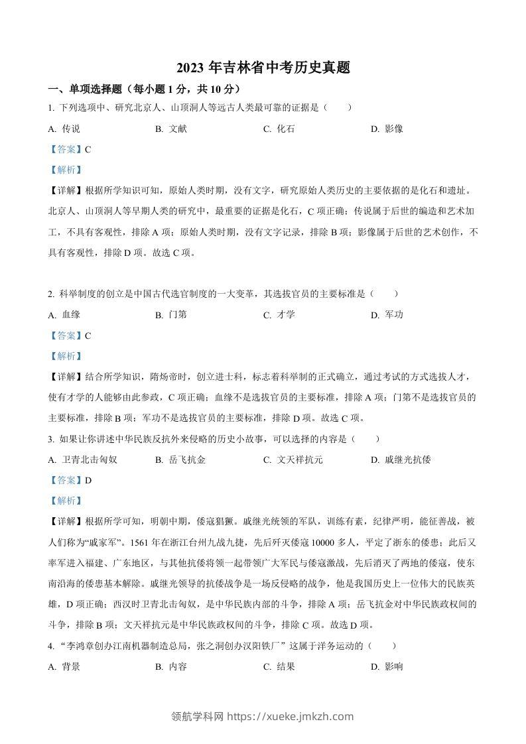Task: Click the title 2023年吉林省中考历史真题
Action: [x=263, y=67]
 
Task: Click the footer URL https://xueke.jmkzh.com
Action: [x=290, y=716]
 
